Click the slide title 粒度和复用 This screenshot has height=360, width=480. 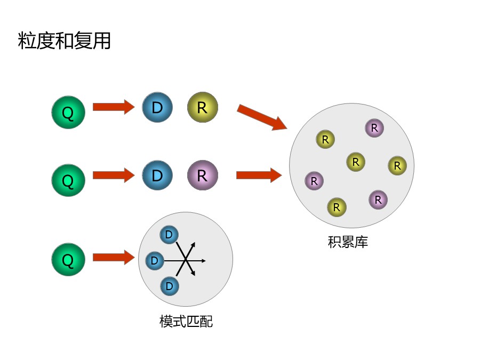click(x=65, y=41)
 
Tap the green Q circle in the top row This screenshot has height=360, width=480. click(x=68, y=112)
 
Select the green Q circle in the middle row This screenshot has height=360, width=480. click(x=68, y=180)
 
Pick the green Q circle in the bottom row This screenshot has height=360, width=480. click(x=68, y=259)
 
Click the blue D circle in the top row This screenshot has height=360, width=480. click(x=157, y=107)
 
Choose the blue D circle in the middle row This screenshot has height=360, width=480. click(x=157, y=175)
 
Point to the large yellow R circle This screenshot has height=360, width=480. click(x=202, y=107)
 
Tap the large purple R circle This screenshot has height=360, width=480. click(x=202, y=175)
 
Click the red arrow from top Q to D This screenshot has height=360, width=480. click(x=113, y=107)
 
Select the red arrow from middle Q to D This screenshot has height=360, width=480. click(x=113, y=175)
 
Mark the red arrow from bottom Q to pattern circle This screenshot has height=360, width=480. click(x=113, y=257)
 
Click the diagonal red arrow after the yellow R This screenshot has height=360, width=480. click(x=262, y=117)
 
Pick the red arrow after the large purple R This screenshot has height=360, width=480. click(x=259, y=175)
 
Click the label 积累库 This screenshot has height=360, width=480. click(x=348, y=242)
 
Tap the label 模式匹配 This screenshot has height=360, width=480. click(x=186, y=322)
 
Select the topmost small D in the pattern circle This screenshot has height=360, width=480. click(x=169, y=235)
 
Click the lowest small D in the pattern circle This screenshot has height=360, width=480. click(x=169, y=286)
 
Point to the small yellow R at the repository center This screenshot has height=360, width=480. click(x=355, y=162)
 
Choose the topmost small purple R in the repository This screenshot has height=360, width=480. click(x=374, y=128)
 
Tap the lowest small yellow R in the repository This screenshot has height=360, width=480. click(x=337, y=207)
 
